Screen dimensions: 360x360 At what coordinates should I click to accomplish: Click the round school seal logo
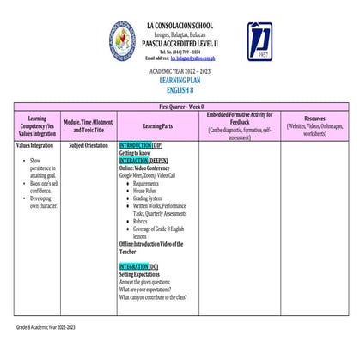(x=122, y=40)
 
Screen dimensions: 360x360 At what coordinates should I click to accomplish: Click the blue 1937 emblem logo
(x=259, y=41)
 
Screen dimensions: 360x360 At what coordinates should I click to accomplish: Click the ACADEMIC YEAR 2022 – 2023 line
(x=180, y=69)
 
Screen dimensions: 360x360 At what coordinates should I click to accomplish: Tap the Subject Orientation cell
(x=88, y=146)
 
